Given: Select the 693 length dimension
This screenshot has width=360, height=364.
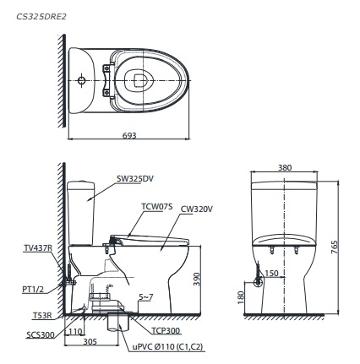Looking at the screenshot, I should tap(128, 134).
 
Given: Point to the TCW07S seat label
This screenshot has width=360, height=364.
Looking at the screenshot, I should tap(156, 205).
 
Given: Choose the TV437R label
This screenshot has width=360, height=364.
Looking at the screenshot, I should tap(38, 248).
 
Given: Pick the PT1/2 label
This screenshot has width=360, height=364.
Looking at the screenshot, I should tap(33, 289).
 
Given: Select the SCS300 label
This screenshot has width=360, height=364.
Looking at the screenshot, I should tap(39, 334).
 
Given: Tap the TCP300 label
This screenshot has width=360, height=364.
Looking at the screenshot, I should tap(167, 331).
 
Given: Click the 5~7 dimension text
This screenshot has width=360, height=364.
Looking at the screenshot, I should tap(145, 297).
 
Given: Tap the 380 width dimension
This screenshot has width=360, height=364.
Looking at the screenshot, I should tap(285, 167).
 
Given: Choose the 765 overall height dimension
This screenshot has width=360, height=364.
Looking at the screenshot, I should tap(335, 246).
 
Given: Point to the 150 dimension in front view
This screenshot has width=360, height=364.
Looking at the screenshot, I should tap(272, 273).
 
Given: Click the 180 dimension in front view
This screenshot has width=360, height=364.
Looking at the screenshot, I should tap(241, 297).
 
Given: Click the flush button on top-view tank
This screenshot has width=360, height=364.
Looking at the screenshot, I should tap(81, 82).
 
